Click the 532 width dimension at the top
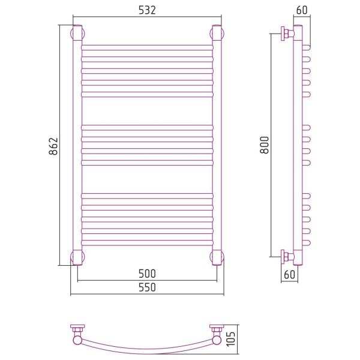click(147, 10)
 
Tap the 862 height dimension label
click(53, 146)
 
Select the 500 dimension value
click(147, 274)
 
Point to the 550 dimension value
click(147, 287)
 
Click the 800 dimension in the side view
click(265, 145)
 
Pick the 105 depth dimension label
click(231, 339)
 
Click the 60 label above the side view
click(302, 10)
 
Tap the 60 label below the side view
click(289, 274)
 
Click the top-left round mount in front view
click(77, 34)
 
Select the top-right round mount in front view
click(217, 34)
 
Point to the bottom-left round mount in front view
click(77, 257)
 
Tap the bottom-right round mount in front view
click(217, 257)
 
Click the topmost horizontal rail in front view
click(147, 47)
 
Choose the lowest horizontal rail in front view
click(147, 242)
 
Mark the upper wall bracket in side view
click(287, 34)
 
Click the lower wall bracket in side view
click(287, 257)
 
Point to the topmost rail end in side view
click(306, 48)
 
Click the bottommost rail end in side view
click(306, 242)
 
